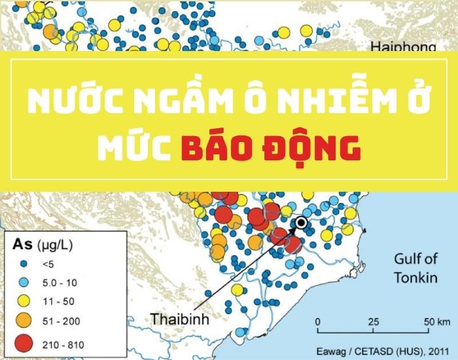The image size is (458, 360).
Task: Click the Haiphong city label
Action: (x=403, y=47)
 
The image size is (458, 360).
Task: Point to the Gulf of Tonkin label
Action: (x=415, y=268)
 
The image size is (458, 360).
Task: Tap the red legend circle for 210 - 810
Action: (x=24, y=343)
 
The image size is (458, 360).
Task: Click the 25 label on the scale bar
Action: (x=374, y=321)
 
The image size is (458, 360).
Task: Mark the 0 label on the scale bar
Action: (x=317, y=321)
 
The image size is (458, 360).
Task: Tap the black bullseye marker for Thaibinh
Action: (x=301, y=223)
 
